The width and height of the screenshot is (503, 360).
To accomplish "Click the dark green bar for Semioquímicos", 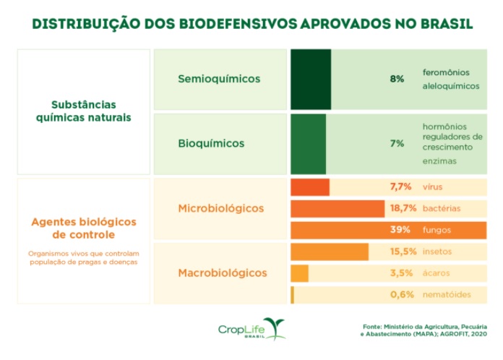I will coord(311,79).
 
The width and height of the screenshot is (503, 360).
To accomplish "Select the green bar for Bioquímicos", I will coord(309,143).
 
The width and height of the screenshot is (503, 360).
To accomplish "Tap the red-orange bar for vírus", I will coord(310,187).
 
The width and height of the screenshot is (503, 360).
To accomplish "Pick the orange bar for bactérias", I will coord(338,208).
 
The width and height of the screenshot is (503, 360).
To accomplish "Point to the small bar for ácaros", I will coord(299,273).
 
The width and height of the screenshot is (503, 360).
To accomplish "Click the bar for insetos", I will coord(330,252).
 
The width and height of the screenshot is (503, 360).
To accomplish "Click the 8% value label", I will coord(397,79).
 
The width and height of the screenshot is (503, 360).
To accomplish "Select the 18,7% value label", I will coord(403,208).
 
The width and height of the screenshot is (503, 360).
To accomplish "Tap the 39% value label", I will coord(400,230).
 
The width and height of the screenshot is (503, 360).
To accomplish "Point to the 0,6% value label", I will coord(402,294).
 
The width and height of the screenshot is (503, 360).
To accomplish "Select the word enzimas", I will coord(440,161).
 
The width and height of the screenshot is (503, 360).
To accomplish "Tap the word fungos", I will coord(437,230).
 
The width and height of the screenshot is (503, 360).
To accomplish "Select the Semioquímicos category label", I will coord(219,79).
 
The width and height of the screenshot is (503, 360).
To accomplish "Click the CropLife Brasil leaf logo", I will coord(274,327).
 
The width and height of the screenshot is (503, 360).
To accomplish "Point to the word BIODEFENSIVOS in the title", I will coord(205,25).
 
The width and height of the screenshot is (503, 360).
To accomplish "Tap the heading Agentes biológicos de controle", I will coord(83,228).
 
